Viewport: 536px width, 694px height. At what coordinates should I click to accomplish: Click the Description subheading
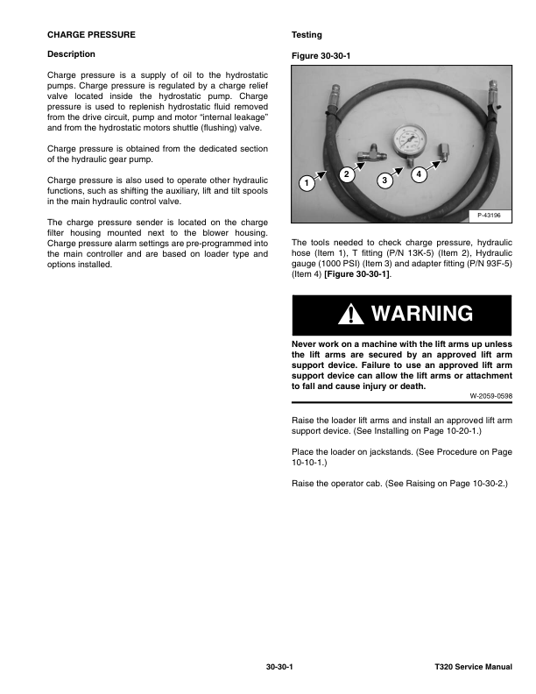point(71,54)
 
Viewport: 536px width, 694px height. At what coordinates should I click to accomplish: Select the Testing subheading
point(307,35)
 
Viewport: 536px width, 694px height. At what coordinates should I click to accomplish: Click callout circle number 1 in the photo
point(305,185)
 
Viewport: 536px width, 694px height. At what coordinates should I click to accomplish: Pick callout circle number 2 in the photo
point(347,174)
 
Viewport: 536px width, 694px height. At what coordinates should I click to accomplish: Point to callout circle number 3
point(384,181)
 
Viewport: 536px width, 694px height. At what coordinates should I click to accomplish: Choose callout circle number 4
point(419,173)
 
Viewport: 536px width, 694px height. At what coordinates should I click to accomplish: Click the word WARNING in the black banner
point(421,314)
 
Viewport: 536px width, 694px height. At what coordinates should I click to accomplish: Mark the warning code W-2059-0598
point(489,395)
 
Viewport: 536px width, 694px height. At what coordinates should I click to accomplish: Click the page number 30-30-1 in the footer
point(279,668)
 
